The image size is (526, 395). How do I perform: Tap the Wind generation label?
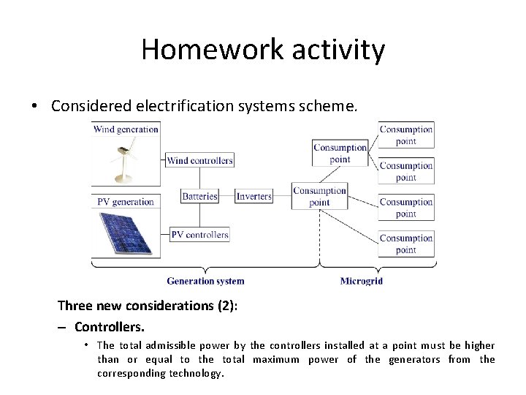click(126, 129)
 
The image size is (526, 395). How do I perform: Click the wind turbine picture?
click(125, 161)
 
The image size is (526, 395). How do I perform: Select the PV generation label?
click(125, 202)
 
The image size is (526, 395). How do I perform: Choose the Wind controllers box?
click(199, 160)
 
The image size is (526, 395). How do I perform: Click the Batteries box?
click(199, 196)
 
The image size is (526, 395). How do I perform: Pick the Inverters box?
click(254, 196)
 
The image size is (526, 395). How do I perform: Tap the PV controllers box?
click(199, 235)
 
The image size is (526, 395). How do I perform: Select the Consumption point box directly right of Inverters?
click(319, 197)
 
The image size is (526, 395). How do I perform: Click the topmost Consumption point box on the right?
click(406, 135)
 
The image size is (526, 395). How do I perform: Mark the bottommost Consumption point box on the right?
click(406, 244)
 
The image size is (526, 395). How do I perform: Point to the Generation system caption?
click(205, 281)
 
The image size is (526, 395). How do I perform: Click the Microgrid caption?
click(361, 281)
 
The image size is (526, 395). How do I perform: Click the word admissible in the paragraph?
click(171, 345)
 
